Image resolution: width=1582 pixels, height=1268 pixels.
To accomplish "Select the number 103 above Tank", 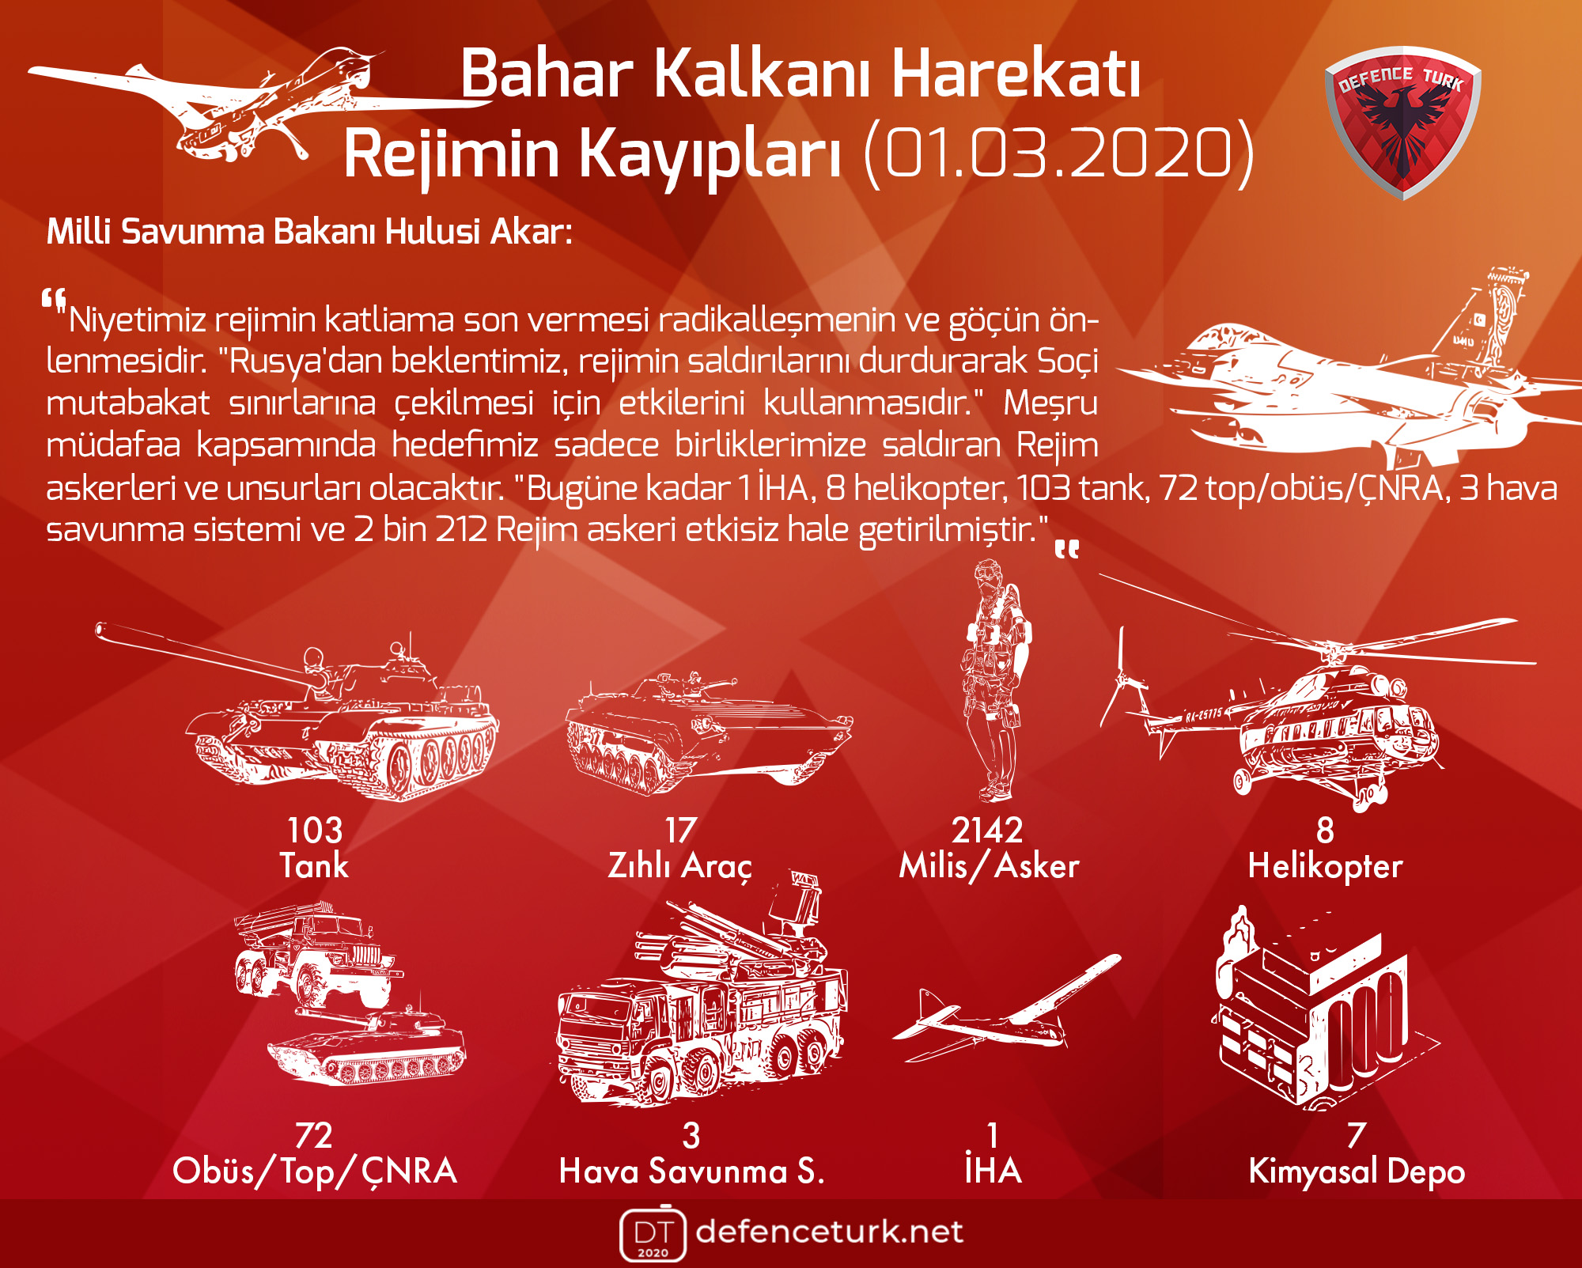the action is [315, 831].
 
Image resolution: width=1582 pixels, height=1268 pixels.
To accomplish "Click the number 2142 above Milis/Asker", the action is [988, 831].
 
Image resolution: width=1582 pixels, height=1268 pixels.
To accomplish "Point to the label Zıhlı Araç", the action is [680, 866].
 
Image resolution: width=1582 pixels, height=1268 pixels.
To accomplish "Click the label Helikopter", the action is [1325, 866].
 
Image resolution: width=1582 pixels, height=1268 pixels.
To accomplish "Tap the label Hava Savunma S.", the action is [692, 1171].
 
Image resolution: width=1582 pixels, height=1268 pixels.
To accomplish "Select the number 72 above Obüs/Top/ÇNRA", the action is [314, 1136].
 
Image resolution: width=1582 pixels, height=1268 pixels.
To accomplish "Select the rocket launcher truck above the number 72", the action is [316, 953].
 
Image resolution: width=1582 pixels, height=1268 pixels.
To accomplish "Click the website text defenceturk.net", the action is [830, 1232].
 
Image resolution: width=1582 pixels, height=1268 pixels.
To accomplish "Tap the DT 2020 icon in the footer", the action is [653, 1233].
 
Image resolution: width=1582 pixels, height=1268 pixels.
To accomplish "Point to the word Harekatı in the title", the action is [1016, 74].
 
